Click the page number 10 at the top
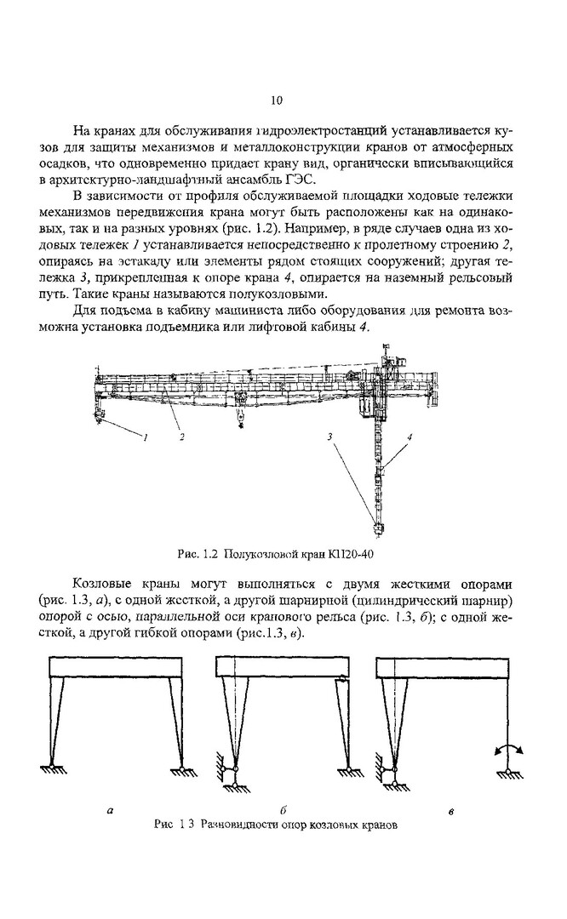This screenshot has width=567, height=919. (276, 100)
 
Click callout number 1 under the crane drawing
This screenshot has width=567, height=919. (146, 437)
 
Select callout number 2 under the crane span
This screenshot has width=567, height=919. (182, 437)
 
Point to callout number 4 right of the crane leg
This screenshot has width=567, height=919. (409, 437)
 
